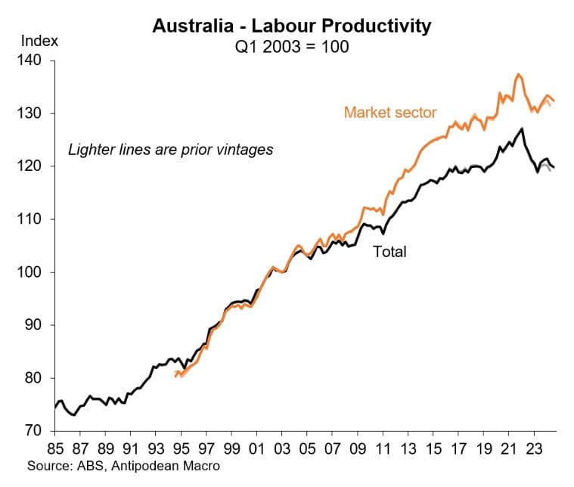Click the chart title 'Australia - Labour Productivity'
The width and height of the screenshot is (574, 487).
tap(292, 26)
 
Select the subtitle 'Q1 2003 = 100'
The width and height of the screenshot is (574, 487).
tap(292, 45)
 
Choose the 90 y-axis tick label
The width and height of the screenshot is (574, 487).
tap(39, 325)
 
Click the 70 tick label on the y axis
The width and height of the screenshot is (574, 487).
tap(39, 431)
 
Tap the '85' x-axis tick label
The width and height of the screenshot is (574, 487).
tap(56, 446)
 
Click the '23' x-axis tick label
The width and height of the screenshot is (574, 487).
tap(534, 446)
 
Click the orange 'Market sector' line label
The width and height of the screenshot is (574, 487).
tap(390, 113)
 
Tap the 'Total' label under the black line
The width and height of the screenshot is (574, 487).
tap(389, 252)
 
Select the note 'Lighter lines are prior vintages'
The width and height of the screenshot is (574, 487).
tap(171, 150)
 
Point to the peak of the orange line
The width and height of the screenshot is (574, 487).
tap(518, 74)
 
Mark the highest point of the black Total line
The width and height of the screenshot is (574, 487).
tap(522, 129)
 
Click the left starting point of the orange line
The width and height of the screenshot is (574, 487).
tap(175, 375)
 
